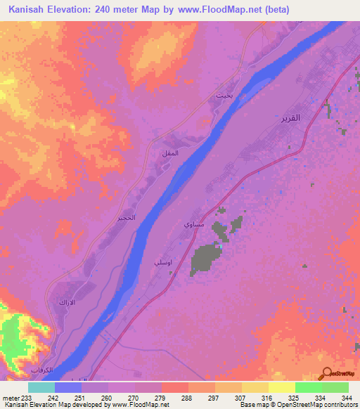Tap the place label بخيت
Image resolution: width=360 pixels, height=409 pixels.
point(224,96)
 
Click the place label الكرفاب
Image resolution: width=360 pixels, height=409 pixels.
point(42,370)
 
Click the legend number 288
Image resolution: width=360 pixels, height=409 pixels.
point(186,398)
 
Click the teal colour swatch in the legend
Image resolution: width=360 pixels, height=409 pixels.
point(41,387)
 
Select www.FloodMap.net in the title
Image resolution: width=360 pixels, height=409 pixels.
point(220,10)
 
